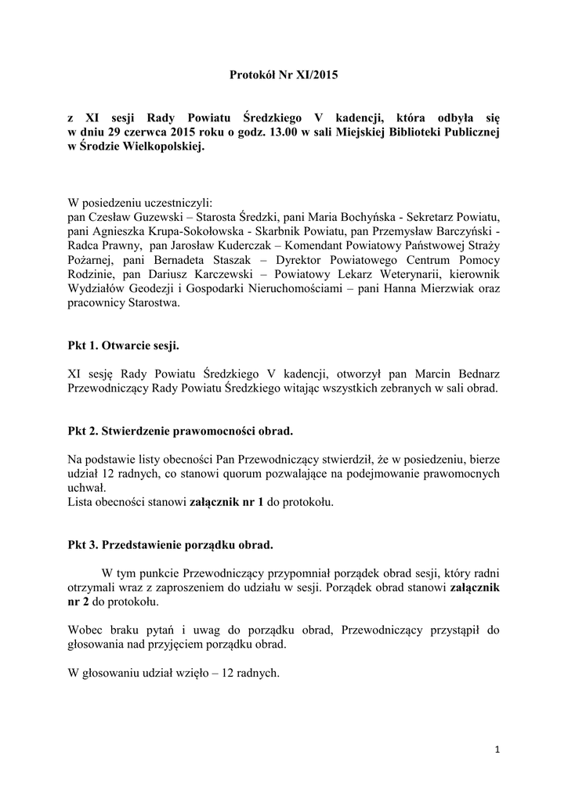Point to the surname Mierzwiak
pyautogui.click(x=444, y=290)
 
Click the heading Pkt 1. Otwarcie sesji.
pyautogui.click(x=128, y=344)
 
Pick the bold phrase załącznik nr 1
pyautogui.click(x=226, y=502)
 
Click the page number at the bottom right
pyautogui.click(x=497, y=750)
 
